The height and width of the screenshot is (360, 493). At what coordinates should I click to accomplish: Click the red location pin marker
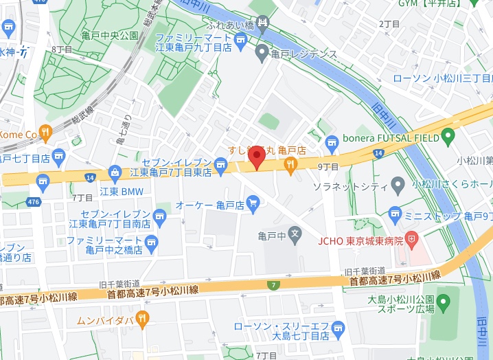click(x=257, y=157)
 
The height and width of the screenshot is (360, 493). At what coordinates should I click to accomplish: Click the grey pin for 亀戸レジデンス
click(x=262, y=52)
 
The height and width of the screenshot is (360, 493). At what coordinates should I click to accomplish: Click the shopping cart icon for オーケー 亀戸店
click(x=253, y=203)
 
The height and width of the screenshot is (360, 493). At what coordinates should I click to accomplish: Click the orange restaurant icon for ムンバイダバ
click(x=142, y=318)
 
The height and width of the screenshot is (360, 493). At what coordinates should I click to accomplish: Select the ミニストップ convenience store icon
click(x=395, y=214)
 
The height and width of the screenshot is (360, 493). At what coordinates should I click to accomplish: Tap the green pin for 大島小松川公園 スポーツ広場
click(x=444, y=301)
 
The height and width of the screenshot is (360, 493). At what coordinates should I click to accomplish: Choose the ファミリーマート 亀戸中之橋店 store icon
click(x=152, y=242)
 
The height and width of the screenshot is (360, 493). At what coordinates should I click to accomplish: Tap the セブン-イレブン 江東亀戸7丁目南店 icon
click(x=161, y=216)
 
